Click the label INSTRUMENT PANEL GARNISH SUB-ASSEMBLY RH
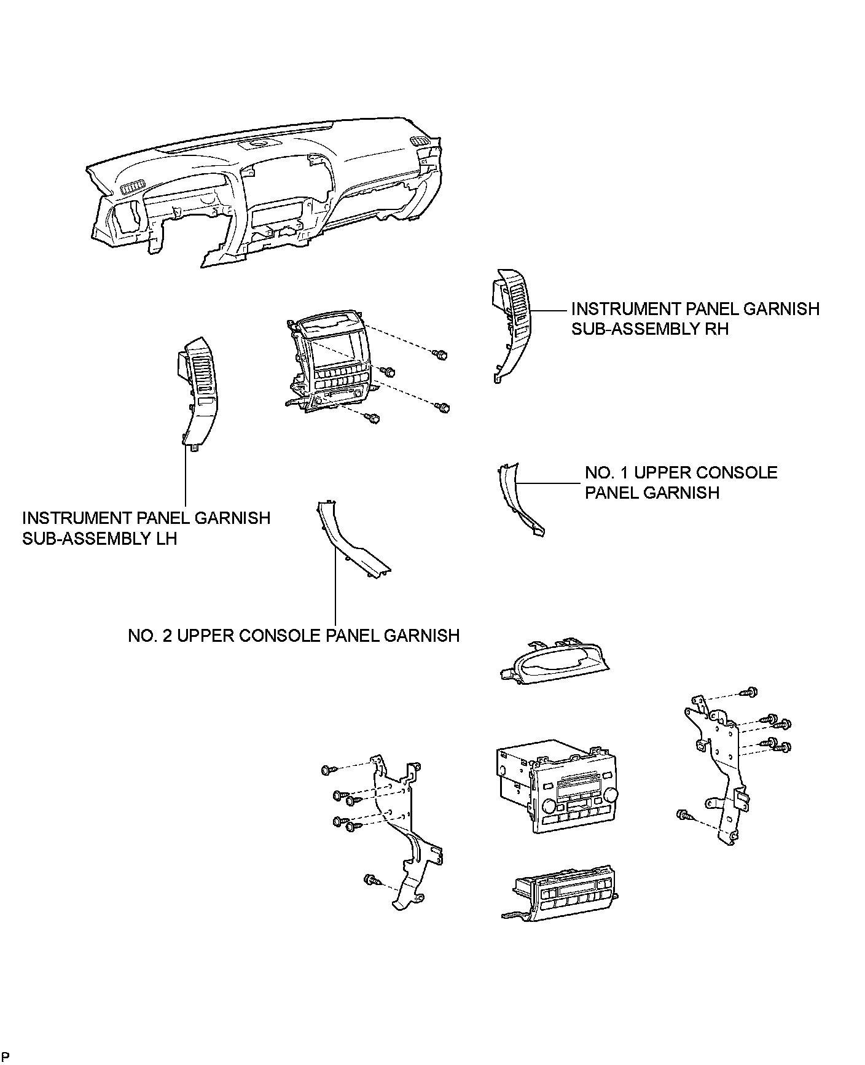(695, 318)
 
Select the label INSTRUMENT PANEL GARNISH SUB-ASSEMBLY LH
(146, 528)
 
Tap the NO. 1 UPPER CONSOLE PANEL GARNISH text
(681, 482)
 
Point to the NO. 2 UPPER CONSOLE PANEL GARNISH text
(294, 635)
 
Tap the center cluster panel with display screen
(332, 362)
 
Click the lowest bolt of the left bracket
(370, 880)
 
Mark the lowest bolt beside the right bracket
(683, 815)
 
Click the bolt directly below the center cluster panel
(372, 418)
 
